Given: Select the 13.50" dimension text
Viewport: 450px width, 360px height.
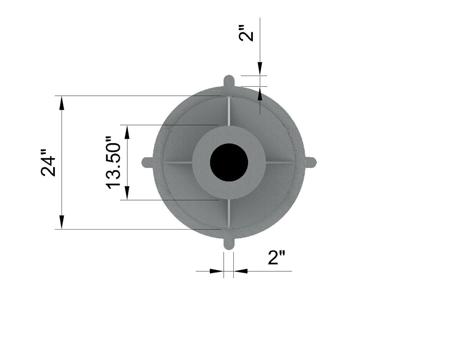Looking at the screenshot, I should tap(113, 163).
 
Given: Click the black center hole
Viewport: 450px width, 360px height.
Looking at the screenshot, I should tap(229, 162).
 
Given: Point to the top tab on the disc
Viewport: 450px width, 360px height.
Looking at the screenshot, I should tap(229, 81).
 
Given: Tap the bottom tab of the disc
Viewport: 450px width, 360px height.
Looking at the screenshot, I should tap(229, 244).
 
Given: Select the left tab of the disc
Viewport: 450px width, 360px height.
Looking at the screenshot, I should tap(147, 162).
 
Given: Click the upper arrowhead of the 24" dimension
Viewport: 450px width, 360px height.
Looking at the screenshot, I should tap(62, 103).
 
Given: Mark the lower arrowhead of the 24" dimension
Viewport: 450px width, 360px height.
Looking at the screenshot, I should tap(62, 222).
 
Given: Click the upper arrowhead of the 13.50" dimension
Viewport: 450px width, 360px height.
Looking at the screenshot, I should tap(127, 132).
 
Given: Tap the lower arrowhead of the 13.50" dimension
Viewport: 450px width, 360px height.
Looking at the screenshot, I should tap(127, 193).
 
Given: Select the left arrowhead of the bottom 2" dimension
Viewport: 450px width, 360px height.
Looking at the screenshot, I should tap(217, 271).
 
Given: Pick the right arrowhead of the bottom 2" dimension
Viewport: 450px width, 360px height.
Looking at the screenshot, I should tap(241, 271).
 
